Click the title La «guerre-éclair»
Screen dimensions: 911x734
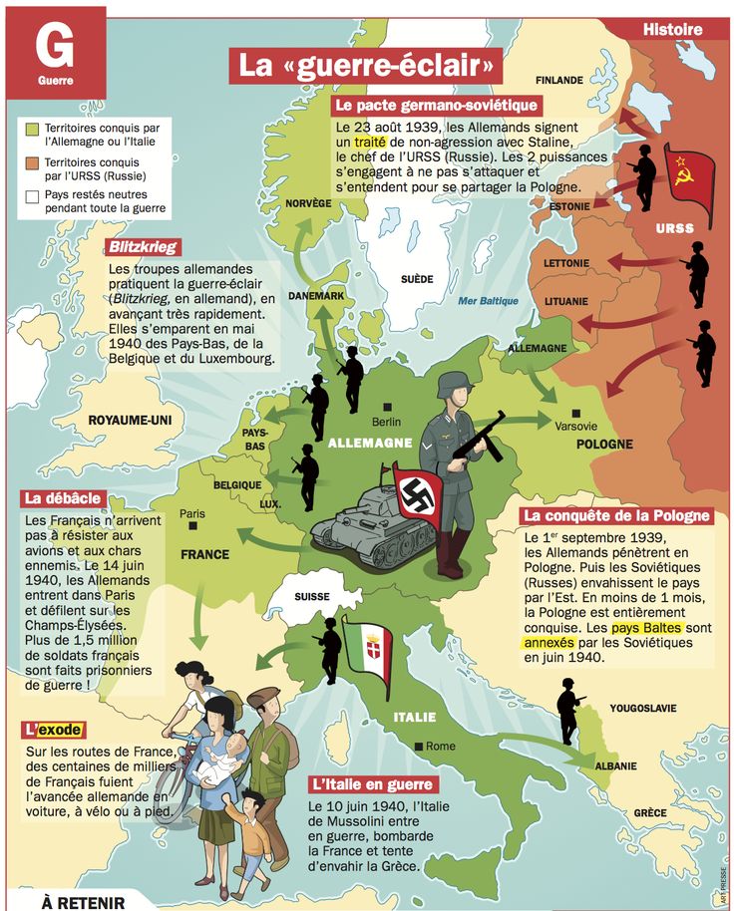(x=366, y=66)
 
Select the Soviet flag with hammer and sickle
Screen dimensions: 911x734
(x=689, y=179)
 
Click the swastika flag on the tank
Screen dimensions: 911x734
(x=417, y=490)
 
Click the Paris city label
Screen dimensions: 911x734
(x=191, y=514)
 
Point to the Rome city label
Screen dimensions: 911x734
(x=439, y=746)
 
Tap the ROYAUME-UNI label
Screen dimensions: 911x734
(x=130, y=421)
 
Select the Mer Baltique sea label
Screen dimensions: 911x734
(x=489, y=300)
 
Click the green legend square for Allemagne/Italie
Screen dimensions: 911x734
(x=32, y=129)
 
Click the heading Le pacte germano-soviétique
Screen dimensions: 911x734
(x=436, y=105)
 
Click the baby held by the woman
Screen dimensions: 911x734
(x=235, y=748)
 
